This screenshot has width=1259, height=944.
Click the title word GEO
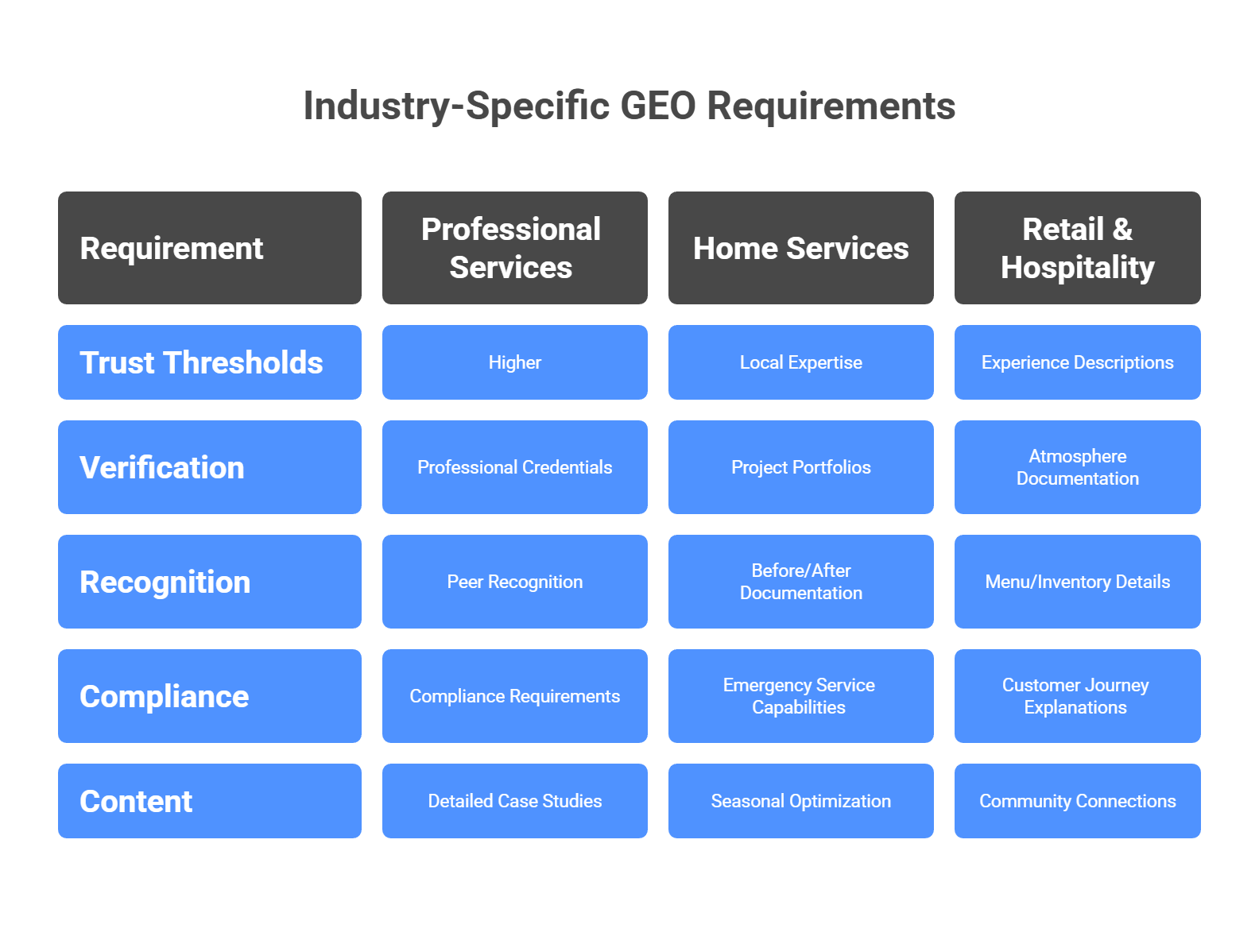pyautogui.click(x=658, y=106)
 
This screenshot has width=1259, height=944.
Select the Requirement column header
pyautogui.click(x=210, y=248)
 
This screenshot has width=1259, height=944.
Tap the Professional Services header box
pyautogui.click(x=514, y=248)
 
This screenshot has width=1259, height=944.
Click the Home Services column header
pyautogui.click(x=800, y=248)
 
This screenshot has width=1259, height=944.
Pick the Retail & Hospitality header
pyautogui.click(x=1077, y=248)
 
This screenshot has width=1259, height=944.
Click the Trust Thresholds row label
pyautogui.click(x=210, y=362)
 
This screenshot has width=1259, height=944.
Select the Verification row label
pyautogui.click(x=210, y=467)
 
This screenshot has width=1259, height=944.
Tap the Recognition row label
pyautogui.click(x=210, y=582)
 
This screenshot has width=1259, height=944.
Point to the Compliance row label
pyautogui.click(x=210, y=696)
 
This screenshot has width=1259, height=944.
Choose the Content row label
pyautogui.click(x=210, y=801)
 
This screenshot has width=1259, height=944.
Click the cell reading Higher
pyautogui.click(x=514, y=362)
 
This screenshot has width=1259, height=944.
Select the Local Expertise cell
pyautogui.click(x=800, y=362)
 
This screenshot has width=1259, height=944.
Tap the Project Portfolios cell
pyautogui.click(x=800, y=467)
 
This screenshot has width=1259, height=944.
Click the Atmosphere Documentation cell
pyautogui.click(x=1077, y=467)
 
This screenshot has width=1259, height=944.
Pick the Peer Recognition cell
pyautogui.click(x=514, y=582)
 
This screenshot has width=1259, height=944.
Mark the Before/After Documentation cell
pyautogui.click(x=800, y=582)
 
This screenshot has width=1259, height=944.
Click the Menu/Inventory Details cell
pyautogui.click(x=1077, y=582)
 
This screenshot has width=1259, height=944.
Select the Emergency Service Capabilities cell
pyautogui.click(x=800, y=696)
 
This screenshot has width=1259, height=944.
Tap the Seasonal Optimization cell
pyautogui.click(x=800, y=801)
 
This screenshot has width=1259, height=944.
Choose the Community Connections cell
pyautogui.click(x=1077, y=801)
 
